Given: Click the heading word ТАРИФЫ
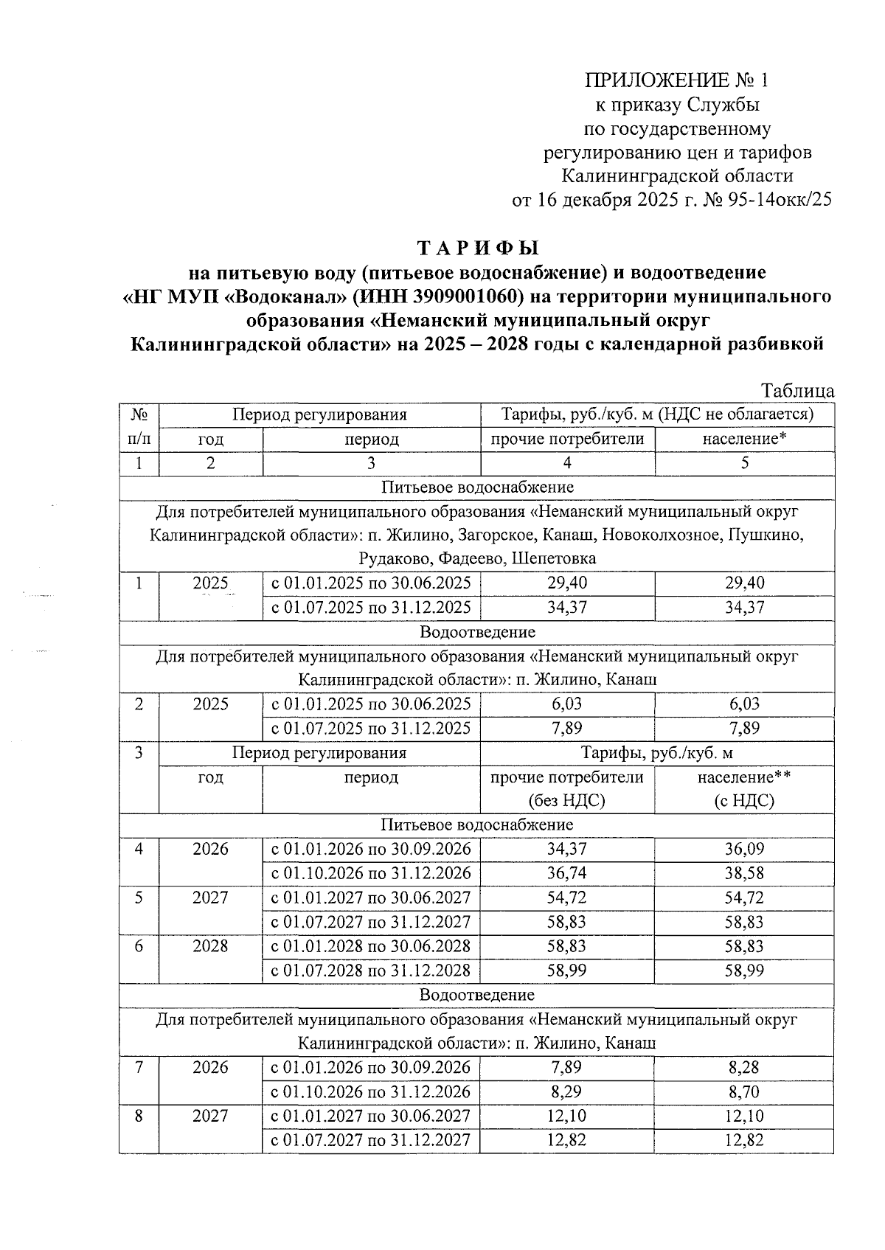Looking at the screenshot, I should [479, 247].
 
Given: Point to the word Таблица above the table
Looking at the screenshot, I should [798, 391].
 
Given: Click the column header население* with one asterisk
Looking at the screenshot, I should [744, 440].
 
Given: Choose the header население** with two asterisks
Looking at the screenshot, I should [744, 777].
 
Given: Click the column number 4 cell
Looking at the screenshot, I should [567, 463].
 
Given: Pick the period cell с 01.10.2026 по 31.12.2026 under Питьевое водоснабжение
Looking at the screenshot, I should [371, 874].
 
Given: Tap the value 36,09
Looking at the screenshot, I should [744, 850].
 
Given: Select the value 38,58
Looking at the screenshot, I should [744, 874].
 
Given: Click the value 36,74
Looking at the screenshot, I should [567, 874].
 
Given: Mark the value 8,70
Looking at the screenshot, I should [744, 1092].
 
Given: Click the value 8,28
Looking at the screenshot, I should [744, 1068].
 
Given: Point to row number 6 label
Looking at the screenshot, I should [139, 947].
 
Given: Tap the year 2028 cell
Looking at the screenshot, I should [211, 947].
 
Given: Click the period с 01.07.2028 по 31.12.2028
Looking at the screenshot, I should [371, 971].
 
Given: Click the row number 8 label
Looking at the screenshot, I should [139, 1117].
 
